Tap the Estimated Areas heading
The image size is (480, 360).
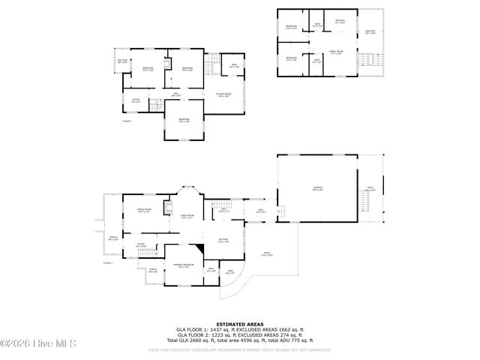click(x=240, y=324)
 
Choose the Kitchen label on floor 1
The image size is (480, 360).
click(x=223, y=241)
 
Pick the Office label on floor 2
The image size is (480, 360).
click(x=136, y=101)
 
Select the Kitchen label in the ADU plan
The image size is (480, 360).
click(x=340, y=22)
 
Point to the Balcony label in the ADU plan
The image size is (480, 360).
click(x=370, y=32)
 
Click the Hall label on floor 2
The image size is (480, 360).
click(x=175, y=95)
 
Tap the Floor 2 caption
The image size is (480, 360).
click(x=127, y=120)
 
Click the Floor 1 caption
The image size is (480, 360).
click(x=107, y=263)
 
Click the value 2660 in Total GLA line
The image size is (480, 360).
click(x=202, y=340)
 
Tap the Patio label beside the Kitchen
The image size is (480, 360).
click(x=266, y=255)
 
